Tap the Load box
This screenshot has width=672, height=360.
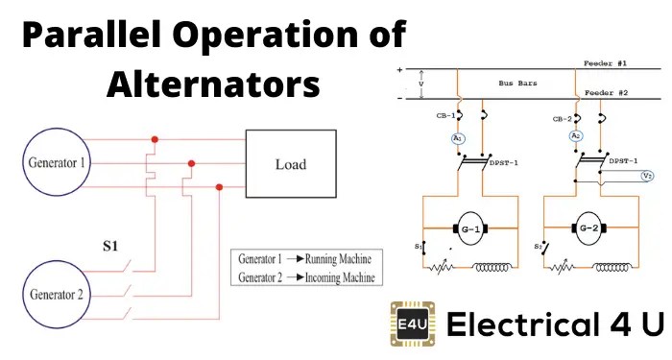click(291, 163)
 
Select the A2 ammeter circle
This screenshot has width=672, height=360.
click(576, 137)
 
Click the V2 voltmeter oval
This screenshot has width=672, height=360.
click(647, 176)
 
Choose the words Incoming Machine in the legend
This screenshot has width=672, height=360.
click(337, 277)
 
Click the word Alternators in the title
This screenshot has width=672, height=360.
click(212, 84)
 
